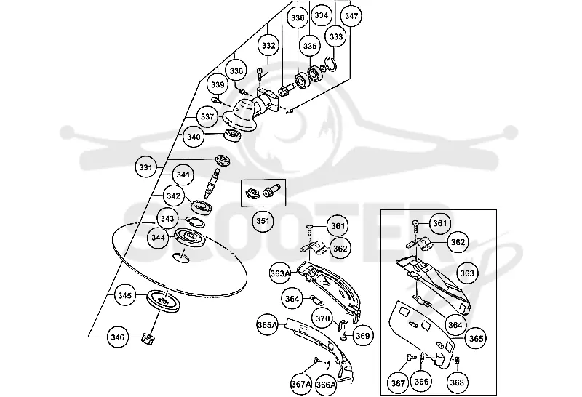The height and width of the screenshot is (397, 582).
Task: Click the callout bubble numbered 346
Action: click(x=118, y=337)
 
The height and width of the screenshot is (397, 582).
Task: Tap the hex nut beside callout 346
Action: click(x=148, y=338)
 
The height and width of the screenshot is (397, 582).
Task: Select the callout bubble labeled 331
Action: click(x=145, y=167)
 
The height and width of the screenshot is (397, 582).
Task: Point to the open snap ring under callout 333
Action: click(x=331, y=65)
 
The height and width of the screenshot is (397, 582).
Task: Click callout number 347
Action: click(x=351, y=16)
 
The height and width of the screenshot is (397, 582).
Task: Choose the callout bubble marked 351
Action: click(x=263, y=221)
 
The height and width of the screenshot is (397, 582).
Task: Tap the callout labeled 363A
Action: click(x=280, y=273)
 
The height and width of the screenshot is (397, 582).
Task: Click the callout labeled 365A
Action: click(x=267, y=324)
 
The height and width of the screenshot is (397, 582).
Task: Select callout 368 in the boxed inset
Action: click(x=457, y=382)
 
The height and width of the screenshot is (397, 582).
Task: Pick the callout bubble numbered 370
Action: click(x=322, y=318)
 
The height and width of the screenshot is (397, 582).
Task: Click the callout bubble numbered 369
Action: click(x=362, y=336)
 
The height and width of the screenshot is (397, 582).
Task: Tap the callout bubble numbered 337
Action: click(x=207, y=116)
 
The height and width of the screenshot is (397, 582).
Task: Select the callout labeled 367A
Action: click(x=301, y=385)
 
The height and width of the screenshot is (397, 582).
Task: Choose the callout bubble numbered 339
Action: click(x=218, y=84)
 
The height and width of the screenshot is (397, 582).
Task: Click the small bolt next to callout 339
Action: click(x=216, y=100)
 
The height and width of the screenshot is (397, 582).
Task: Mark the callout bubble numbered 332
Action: click(x=268, y=46)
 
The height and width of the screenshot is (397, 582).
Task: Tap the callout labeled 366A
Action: click(x=325, y=385)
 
